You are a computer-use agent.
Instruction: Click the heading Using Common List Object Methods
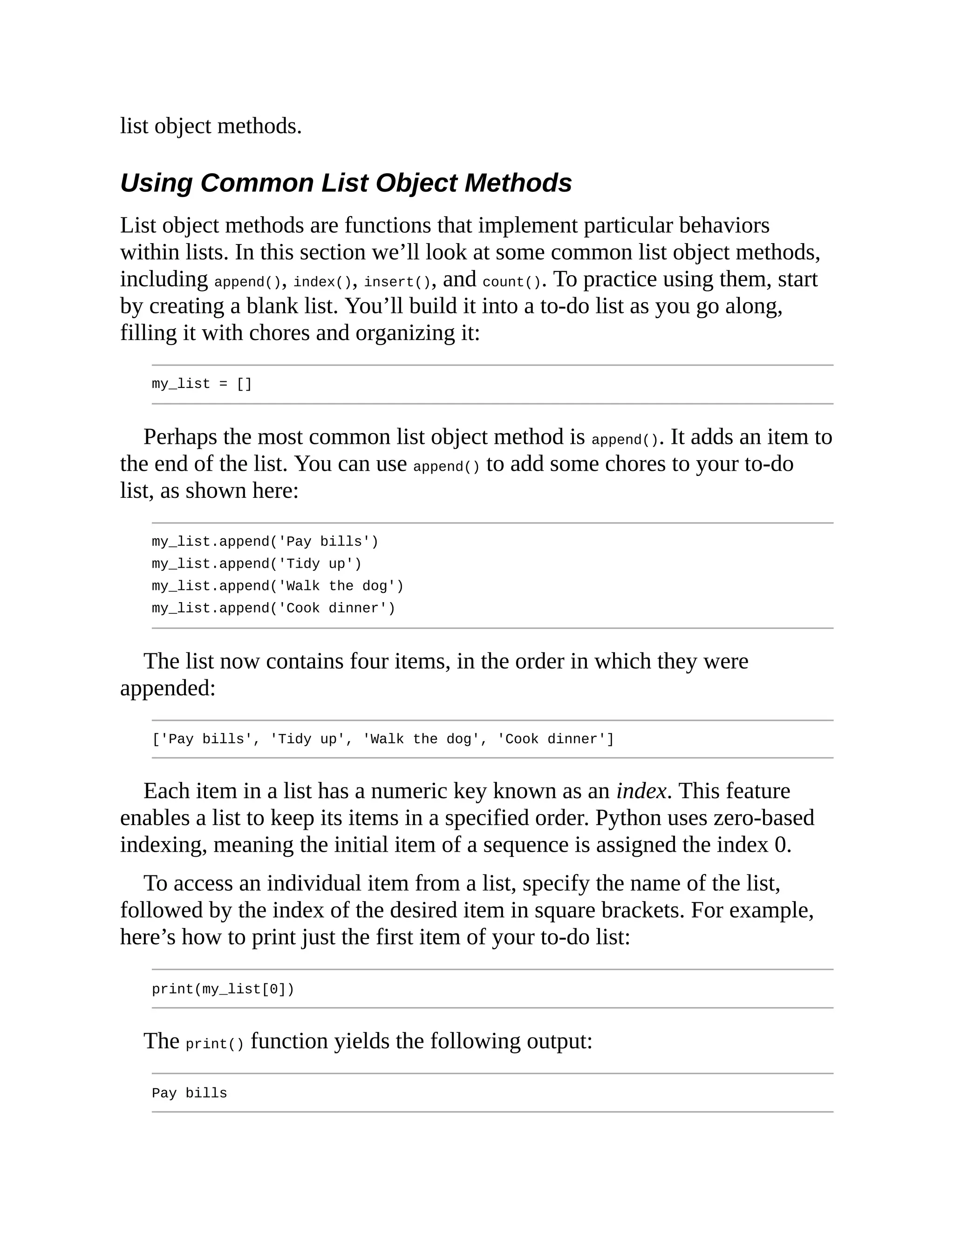click(x=346, y=183)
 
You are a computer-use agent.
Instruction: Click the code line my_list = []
click(x=202, y=384)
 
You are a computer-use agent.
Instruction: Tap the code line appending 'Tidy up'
click(x=256, y=563)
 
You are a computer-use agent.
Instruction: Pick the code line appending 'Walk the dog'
click(x=278, y=585)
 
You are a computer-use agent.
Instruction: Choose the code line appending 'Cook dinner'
click(x=273, y=608)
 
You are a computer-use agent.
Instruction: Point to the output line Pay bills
click(x=189, y=1093)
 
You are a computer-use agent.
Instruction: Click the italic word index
click(x=641, y=791)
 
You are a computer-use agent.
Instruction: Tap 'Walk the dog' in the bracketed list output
click(x=421, y=739)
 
